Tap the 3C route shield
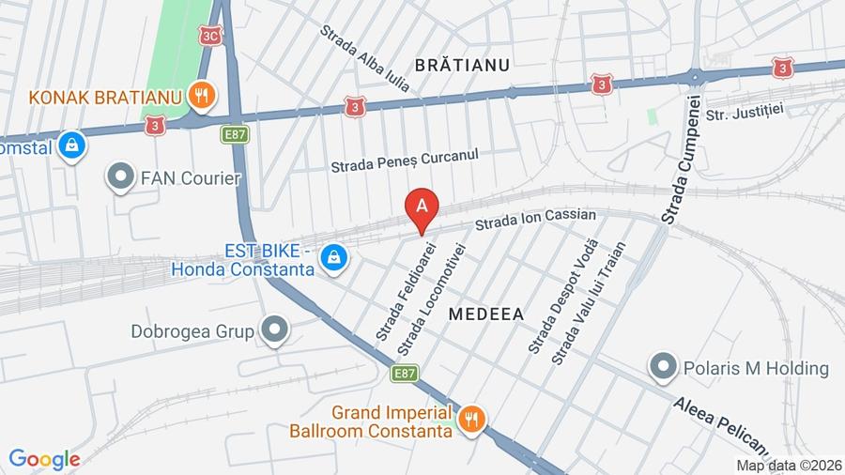pyautogui.click(x=209, y=35)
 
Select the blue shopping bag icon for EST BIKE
pyautogui.click(x=332, y=255)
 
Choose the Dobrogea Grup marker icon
pyautogui.click(x=274, y=330)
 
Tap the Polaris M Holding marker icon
pyautogui.click(x=664, y=367)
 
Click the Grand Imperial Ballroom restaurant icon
pyautogui.click(x=471, y=419)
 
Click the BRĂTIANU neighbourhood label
pyautogui.click(x=461, y=65)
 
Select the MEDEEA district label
pyautogui.click(x=485, y=314)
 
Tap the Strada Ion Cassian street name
pyautogui.click(x=535, y=221)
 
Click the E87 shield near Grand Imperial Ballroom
pyautogui.click(x=405, y=374)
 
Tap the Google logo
pyautogui.click(x=44, y=459)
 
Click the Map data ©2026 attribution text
pyautogui.click(x=788, y=465)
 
